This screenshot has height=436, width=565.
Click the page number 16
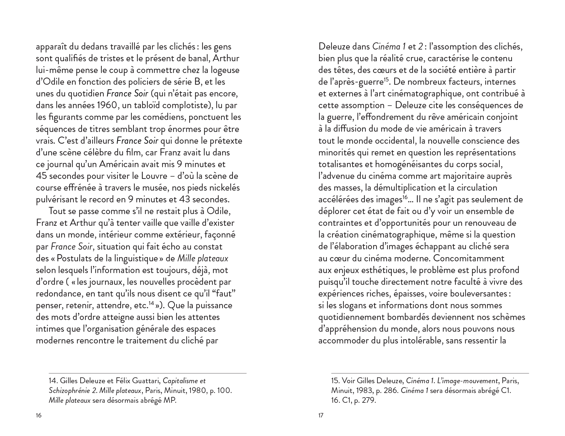click(38, 415)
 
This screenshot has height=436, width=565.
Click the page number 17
click(321, 415)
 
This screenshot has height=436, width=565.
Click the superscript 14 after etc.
click(151, 303)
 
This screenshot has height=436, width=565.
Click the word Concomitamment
click(469, 258)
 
